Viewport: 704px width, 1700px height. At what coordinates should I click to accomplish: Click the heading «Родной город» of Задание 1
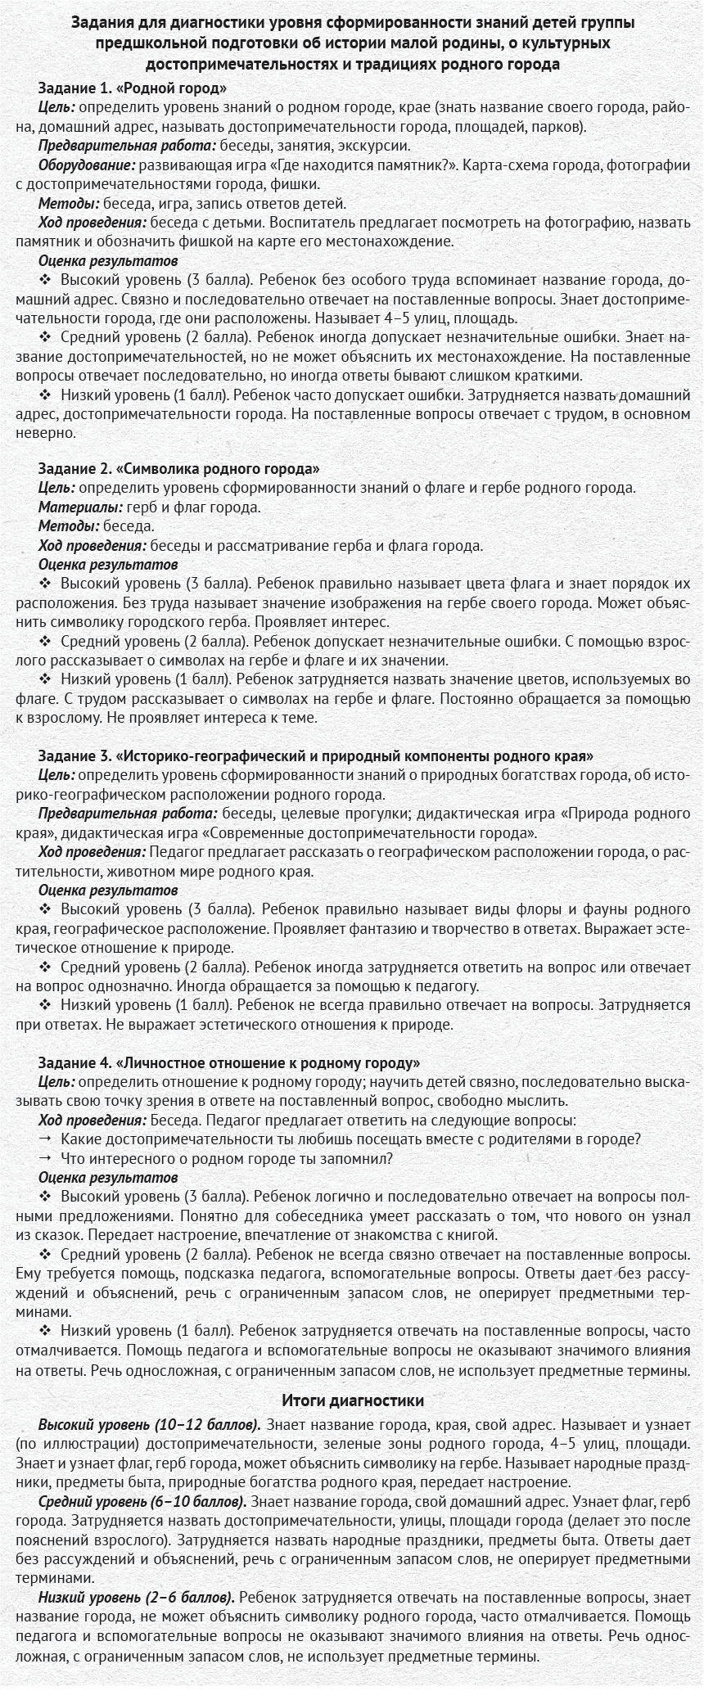(133, 88)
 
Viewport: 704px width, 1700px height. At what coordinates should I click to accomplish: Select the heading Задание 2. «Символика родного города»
(178, 468)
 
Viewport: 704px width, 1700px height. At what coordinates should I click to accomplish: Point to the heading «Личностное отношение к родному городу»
(229, 1062)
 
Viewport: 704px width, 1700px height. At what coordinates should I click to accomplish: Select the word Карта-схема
(502, 165)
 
